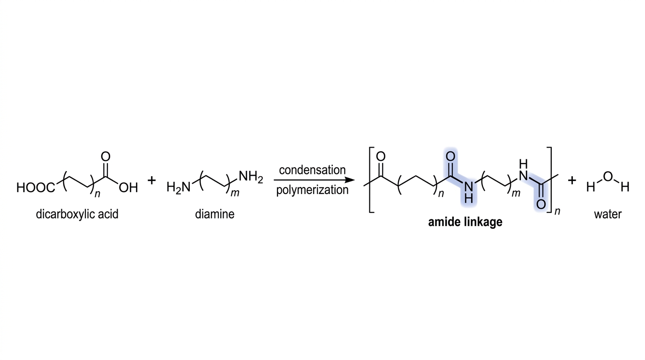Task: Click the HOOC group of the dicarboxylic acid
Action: [36, 188]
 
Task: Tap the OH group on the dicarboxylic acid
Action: [128, 188]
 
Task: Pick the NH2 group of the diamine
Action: [251, 176]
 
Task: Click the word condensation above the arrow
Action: [312, 170]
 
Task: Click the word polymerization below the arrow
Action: [312, 190]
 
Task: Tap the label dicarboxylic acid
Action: [77, 214]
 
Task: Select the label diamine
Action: [215, 214]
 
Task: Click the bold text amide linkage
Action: [465, 222]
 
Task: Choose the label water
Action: [608, 214]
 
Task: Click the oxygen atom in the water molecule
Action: [608, 176]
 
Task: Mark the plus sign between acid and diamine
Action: [151, 180]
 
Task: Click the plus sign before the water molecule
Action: [572, 180]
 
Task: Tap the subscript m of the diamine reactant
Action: [235, 193]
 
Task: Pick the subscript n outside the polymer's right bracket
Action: [557, 211]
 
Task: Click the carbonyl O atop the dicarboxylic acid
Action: [105, 157]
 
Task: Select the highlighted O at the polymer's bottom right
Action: [541, 204]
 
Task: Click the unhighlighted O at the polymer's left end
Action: [381, 157]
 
